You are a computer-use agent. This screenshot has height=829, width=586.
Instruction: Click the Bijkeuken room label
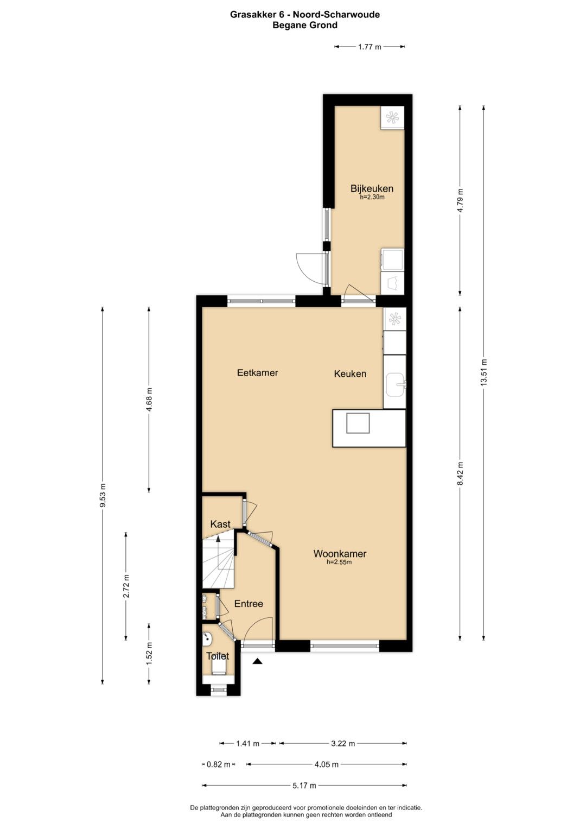click(372, 188)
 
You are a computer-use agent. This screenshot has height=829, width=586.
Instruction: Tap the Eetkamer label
click(258, 372)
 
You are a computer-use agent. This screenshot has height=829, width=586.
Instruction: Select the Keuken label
click(350, 374)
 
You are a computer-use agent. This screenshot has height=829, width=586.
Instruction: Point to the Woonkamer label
click(340, 554)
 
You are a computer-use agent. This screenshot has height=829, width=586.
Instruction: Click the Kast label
click(220, 524)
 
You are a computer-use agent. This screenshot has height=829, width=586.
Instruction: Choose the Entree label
click(249, 604)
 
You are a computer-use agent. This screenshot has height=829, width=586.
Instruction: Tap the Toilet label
click(218, 656)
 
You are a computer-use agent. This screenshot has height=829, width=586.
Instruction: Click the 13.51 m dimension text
click(483, 372)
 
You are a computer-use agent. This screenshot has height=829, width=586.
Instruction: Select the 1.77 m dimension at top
click(369, 47)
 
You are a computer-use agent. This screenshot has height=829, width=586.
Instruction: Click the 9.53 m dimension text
click(103, 495)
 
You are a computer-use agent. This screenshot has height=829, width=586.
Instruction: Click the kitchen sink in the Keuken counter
click(396, 384)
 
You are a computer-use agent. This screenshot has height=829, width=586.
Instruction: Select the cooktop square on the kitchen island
click(358, 423)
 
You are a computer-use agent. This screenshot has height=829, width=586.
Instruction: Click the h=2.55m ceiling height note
click(339, 562)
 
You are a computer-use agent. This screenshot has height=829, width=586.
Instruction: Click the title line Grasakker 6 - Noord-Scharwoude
click(305, 15)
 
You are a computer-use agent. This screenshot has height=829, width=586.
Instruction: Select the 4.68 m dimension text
click(149, 400)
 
